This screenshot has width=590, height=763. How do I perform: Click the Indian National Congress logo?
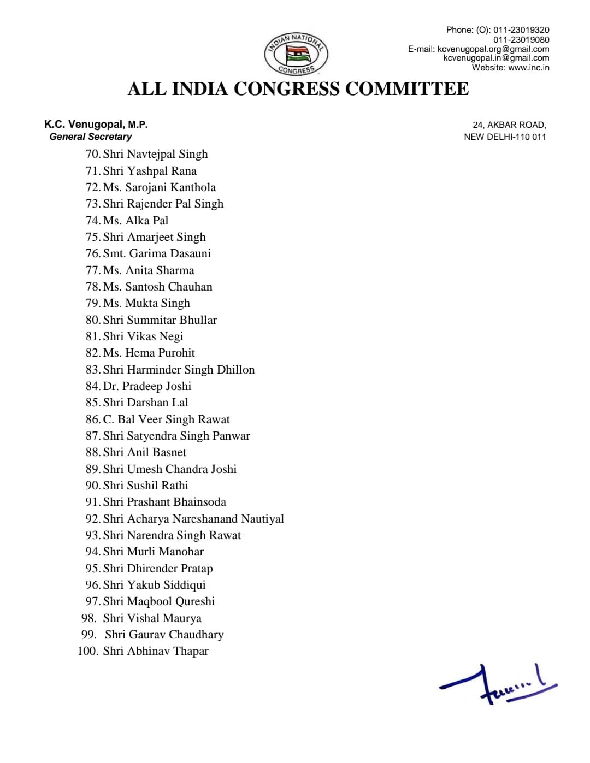coord(296,54)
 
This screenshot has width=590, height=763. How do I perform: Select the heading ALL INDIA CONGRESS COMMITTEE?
coord(298,89)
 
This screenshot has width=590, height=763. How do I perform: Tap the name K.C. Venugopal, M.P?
coord(96,125)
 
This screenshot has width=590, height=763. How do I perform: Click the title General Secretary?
coord(91,137)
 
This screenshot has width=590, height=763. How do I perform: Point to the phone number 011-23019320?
coord(521,30)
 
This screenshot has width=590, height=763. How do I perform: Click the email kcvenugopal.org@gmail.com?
coord(493,49)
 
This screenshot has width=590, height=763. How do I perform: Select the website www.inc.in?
coord(528,68)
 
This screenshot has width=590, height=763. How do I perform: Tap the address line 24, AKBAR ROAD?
coord(509,125)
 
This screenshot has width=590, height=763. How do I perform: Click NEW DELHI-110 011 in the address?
coord(505,137)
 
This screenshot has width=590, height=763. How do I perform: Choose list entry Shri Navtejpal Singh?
coord(155,154)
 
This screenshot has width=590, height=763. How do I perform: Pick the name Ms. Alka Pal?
coord(135,221)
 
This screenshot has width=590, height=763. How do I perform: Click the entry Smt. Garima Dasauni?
coord(157,253)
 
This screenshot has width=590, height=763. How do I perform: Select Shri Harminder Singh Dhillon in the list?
coord(179,370)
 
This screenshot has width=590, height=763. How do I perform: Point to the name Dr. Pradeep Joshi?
coord(147,386)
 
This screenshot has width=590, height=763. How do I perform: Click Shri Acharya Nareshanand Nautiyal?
coord(193,519)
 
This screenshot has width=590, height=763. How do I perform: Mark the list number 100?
coord(87,651)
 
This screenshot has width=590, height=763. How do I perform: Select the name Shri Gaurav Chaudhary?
coord(164,635)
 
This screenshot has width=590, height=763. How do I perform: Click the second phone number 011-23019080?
coord(521,40)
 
